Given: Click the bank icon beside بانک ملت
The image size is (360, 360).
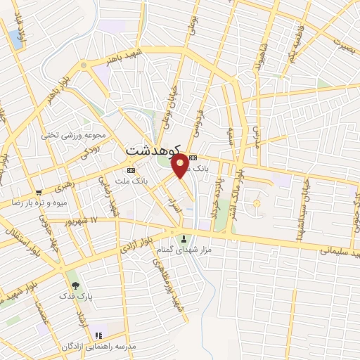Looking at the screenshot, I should coord(131,171).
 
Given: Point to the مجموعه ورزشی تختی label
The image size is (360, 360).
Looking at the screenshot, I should coord(73,135).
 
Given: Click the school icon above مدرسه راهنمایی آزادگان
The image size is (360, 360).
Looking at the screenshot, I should coord(98,335).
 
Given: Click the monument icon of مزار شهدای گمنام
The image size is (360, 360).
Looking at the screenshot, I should coord(185,238).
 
